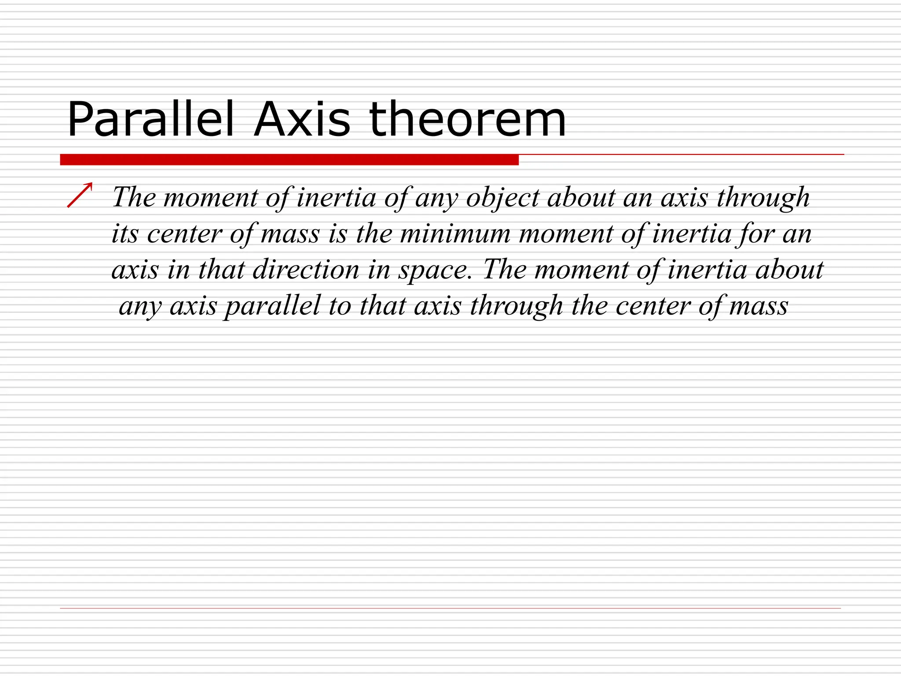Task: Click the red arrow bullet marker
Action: pyautogui.click(x=80, y=195)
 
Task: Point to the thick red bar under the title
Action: pyautogui.click(x=289, y=160)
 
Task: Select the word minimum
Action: pyautogui.click(x=455, y=234)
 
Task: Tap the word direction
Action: pyautogui.click(x=306, y=270)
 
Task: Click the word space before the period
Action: pyautogui.click(x=433, y=271)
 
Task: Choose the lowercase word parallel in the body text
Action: pyautogui.click(x=272, y=306)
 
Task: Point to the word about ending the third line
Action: pyautogui.click(x=789, y=270)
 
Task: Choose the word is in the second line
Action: pyautogui.click(x=338, y=234)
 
